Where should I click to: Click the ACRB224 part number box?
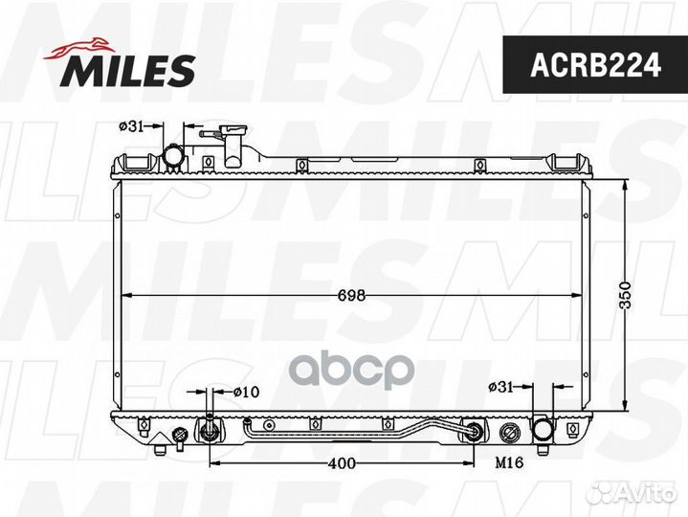(595, 64)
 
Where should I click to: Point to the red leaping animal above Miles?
(79, 48)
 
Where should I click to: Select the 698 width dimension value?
(351, 296)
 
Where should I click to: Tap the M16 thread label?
(509, 461)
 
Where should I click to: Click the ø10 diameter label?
(246, 392)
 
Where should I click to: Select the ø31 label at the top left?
(131, 126)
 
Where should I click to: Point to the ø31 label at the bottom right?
(500, 387)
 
